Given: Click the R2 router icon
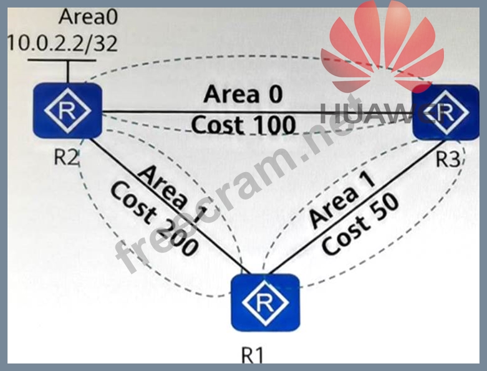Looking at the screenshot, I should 67,112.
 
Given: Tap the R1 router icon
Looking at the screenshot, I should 265,302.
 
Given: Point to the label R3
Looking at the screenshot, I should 447,158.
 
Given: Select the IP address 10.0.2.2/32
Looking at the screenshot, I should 61,42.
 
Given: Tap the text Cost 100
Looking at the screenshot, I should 243,125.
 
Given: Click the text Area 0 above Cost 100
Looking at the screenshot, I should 243,95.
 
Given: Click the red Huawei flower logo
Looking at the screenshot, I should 387,53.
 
